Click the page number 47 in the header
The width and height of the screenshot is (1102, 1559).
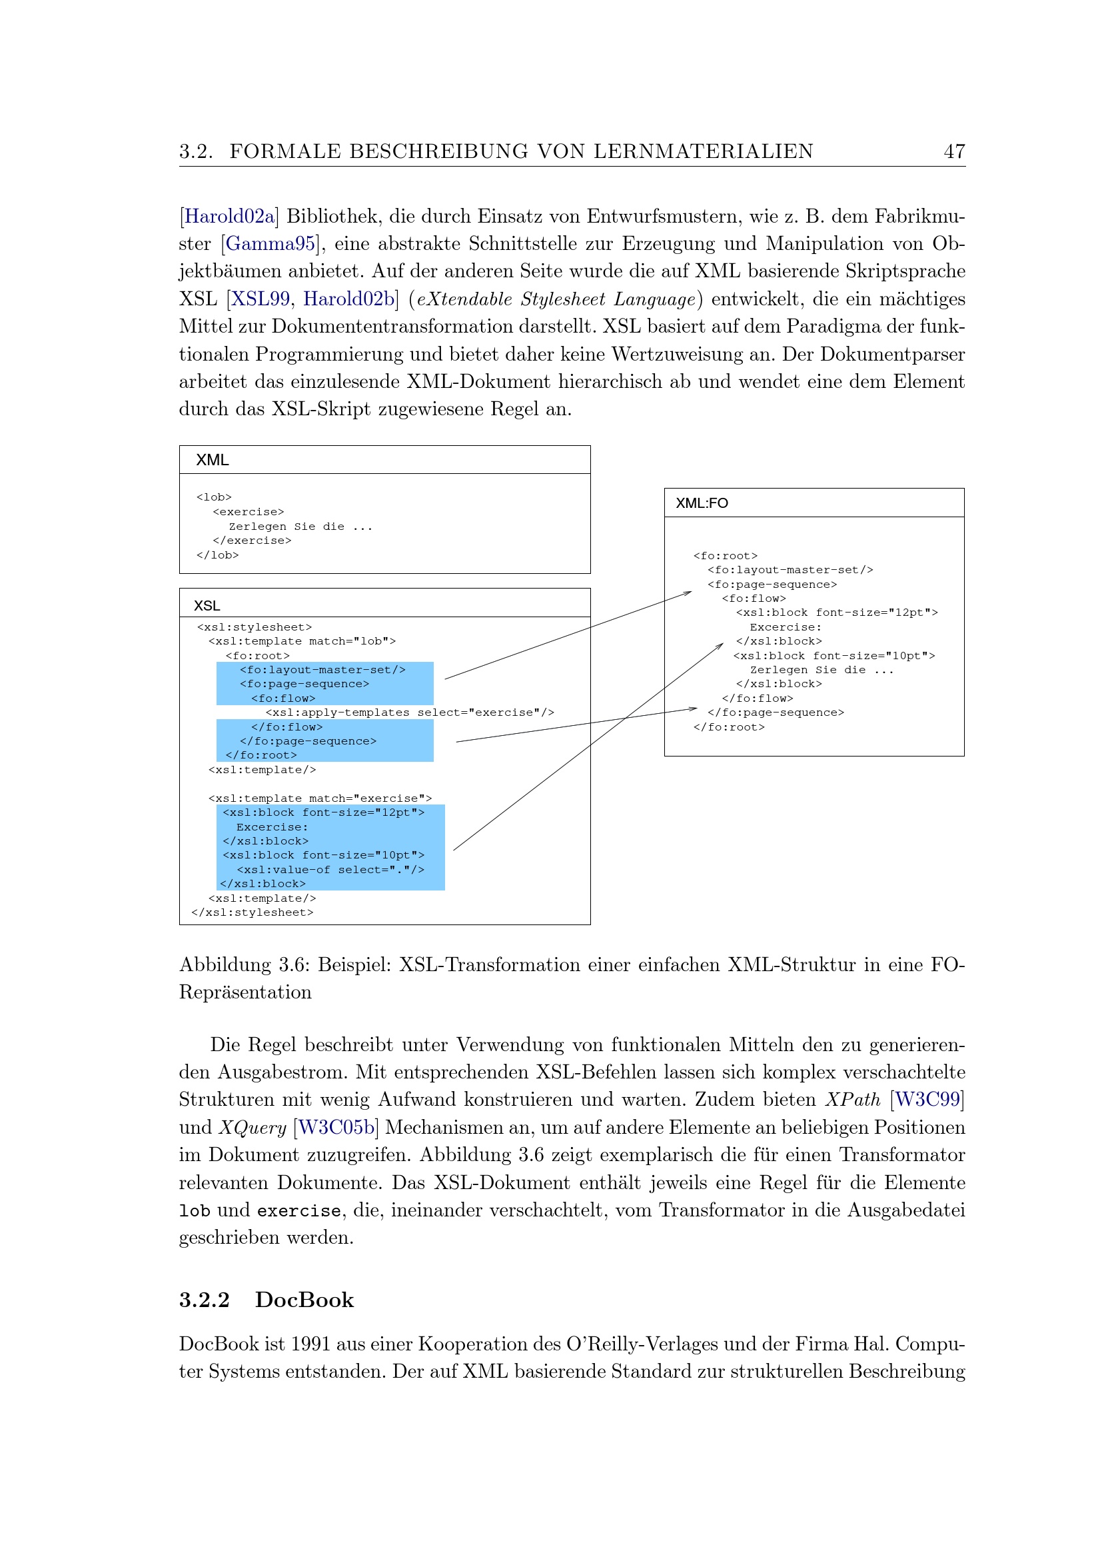953,151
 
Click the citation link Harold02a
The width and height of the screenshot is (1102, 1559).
229,217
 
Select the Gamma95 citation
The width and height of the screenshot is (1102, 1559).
270,244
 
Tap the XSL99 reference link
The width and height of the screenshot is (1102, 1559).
261,299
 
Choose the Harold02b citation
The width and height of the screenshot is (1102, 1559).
348,299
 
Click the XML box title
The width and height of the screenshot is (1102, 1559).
213,461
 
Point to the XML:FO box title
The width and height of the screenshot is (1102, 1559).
702,503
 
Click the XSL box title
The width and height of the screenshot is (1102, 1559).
207,606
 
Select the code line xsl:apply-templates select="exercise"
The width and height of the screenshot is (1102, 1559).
409,713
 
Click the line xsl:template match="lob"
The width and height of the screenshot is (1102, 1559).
302,641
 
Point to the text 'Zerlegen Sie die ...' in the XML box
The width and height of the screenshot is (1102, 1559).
300,527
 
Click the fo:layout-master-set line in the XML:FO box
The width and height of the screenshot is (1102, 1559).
790,571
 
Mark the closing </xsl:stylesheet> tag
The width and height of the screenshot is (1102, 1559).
253,912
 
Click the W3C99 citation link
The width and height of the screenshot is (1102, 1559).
927,1099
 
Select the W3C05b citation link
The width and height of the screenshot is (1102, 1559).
336,1127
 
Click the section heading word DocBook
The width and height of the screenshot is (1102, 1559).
304,1300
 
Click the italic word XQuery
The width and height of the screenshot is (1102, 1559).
253,1128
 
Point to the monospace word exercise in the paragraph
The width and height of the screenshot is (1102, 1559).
298,1210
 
